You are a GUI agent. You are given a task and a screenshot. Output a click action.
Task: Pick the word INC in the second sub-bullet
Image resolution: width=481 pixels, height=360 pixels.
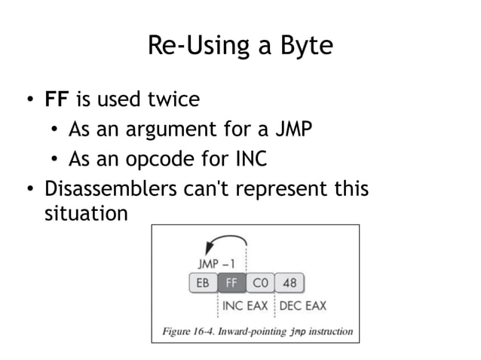click(250, 160)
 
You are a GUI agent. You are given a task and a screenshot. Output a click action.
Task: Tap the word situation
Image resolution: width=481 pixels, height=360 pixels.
click(85, 214)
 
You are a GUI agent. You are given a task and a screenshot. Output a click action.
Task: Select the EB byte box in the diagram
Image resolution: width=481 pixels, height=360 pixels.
click(202, 284)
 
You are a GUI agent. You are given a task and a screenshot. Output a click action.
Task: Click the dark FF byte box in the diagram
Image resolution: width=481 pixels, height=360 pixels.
click(231, 284)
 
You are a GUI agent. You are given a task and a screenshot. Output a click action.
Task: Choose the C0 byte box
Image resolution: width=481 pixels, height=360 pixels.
click(260, 284)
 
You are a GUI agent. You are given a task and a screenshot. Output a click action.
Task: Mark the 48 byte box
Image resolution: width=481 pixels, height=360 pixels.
click(289, 284)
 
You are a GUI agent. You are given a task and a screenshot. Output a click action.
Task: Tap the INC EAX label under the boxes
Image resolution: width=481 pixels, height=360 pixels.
click(246, 306)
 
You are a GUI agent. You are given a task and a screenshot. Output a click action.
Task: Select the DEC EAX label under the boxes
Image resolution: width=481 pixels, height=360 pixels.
click(303, 306)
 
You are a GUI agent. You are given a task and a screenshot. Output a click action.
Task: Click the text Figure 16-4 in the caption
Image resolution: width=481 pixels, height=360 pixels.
click(189, 330)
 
